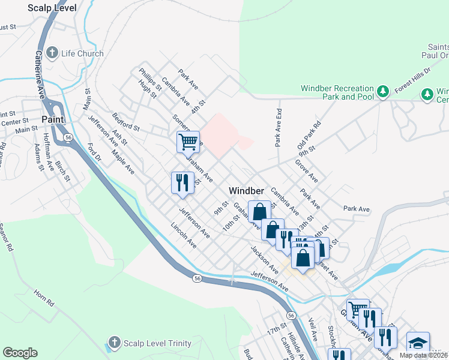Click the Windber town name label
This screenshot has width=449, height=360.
[247, 190]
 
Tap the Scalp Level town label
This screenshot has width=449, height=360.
[52, 8]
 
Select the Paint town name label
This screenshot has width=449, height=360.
[53, 119]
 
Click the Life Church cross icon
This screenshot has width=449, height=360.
[52, 53]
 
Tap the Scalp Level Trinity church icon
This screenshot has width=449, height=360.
[114, 343]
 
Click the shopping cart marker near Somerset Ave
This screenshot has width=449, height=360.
[188, 142]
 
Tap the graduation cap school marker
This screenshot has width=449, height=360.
[418, 343]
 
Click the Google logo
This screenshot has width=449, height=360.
[20, 353]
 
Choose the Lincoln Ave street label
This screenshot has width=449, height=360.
[183, 236]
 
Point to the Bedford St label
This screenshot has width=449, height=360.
[125, 122]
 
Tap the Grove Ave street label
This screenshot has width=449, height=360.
[306, 171]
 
